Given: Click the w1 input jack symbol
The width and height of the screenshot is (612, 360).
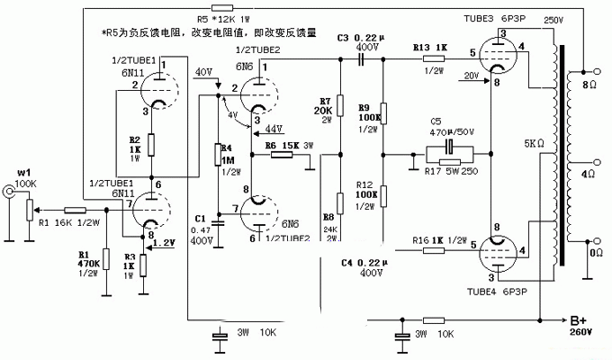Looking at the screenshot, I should [x=9, y=191].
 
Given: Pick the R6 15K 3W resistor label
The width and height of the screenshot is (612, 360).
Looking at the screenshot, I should [x=286, y=145].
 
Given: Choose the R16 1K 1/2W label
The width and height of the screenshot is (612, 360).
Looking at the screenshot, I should [x=439, y=241].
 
